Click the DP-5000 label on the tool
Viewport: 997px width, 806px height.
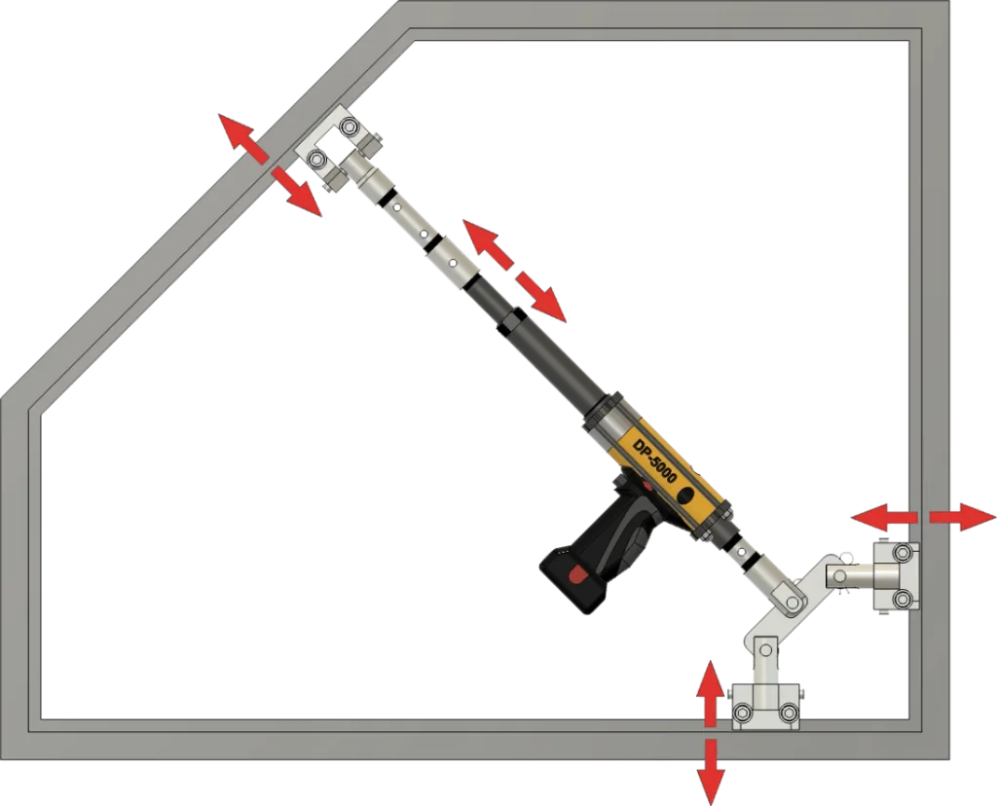[654, 458]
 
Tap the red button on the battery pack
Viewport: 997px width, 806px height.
[578, 575]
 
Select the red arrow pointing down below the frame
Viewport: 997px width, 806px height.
[711, 772]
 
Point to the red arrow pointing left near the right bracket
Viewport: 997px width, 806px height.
[884, 517]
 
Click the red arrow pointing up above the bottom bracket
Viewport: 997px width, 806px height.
[710, 692]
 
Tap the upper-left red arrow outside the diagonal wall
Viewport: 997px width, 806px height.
[242, 140]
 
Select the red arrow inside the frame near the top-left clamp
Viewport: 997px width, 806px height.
[296, 192]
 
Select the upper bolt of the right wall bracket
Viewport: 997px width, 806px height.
[902, 552]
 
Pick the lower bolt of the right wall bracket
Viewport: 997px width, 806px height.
[902, 598]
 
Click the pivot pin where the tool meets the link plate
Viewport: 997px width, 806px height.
[792, 603]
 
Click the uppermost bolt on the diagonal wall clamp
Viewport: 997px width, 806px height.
[349, 128]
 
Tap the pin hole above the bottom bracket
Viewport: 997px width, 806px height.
[765, 650]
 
